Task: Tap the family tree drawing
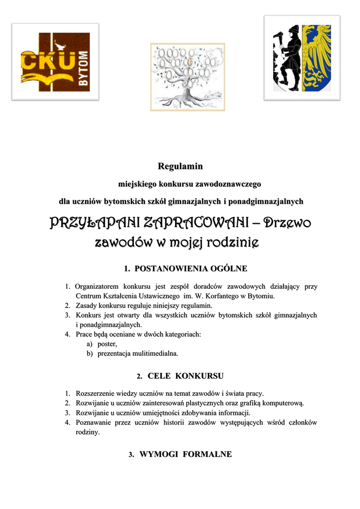pos(187,77)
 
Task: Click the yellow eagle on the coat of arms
pos(317,58)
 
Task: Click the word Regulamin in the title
pos(180,166)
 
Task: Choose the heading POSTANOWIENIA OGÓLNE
pos(185,269)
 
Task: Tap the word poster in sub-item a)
pos(107,343)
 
